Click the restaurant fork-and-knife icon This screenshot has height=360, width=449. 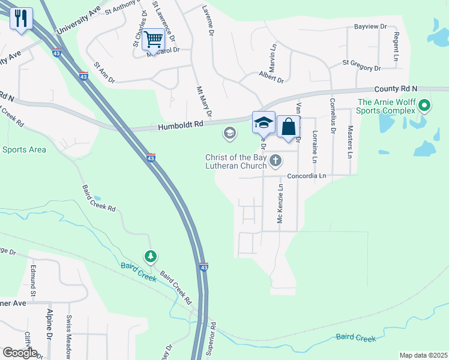click(22, 18)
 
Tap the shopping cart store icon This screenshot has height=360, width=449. click(153, 40)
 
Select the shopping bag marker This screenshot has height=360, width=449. click(288, 127)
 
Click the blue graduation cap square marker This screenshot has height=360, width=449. click(263, 122)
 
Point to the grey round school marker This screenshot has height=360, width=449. click(229, 133)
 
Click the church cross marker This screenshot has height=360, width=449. click(276, 160)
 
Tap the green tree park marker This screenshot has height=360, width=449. click(150, 257)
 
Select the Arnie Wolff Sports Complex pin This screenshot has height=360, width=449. click(424, 107)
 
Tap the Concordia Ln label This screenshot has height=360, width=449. click(306, 176)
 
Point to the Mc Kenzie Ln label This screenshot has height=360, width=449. click(280, 204)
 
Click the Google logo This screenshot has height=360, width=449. click(20, 353)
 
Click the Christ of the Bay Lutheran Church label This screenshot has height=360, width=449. click(236, 161)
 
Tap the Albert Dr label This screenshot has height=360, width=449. click(271, 76)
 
